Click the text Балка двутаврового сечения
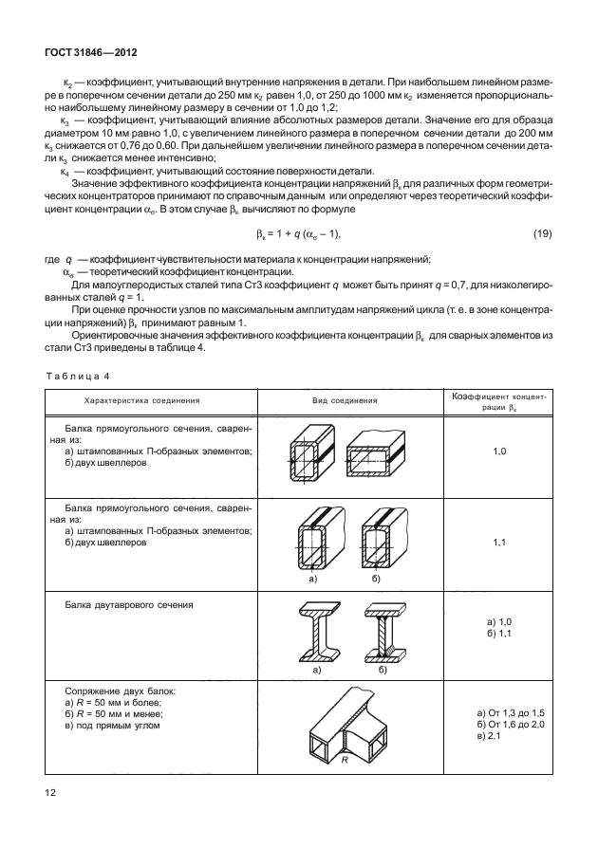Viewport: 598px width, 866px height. (x=129, y=604)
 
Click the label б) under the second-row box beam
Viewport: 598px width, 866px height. (x=376, y=577)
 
